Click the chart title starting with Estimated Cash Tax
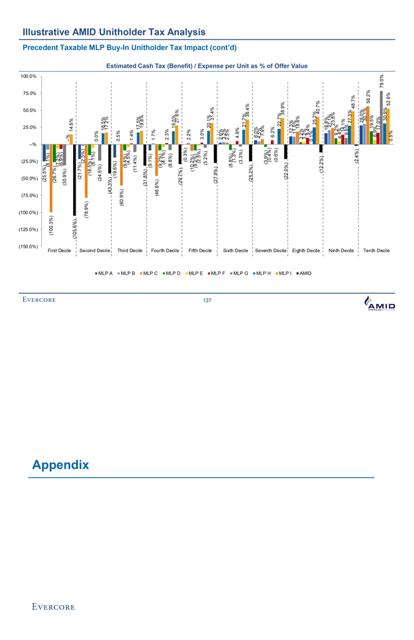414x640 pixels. click(x=206, y=66)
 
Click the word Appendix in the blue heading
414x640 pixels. click(x=60, y=465)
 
